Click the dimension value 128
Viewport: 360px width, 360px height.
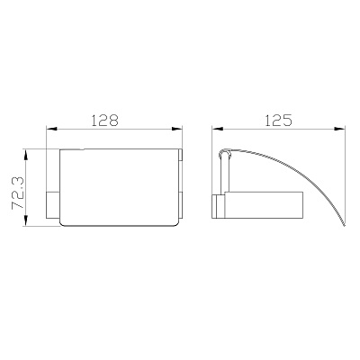coord(104,121)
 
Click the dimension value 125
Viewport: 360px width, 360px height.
coord(278,121)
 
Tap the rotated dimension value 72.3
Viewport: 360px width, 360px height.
coord(18,192)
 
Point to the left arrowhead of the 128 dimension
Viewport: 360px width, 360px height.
coord(51,129)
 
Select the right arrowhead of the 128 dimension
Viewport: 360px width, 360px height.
coord(177,129)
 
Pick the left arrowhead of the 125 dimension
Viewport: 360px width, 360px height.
coord(218,129)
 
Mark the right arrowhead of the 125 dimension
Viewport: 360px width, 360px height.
coord(339,129)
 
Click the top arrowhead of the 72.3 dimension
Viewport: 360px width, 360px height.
coord(26,155)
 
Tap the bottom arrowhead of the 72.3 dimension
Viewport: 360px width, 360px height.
coord(26,220)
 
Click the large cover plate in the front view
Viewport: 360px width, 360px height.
coord(120,187)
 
